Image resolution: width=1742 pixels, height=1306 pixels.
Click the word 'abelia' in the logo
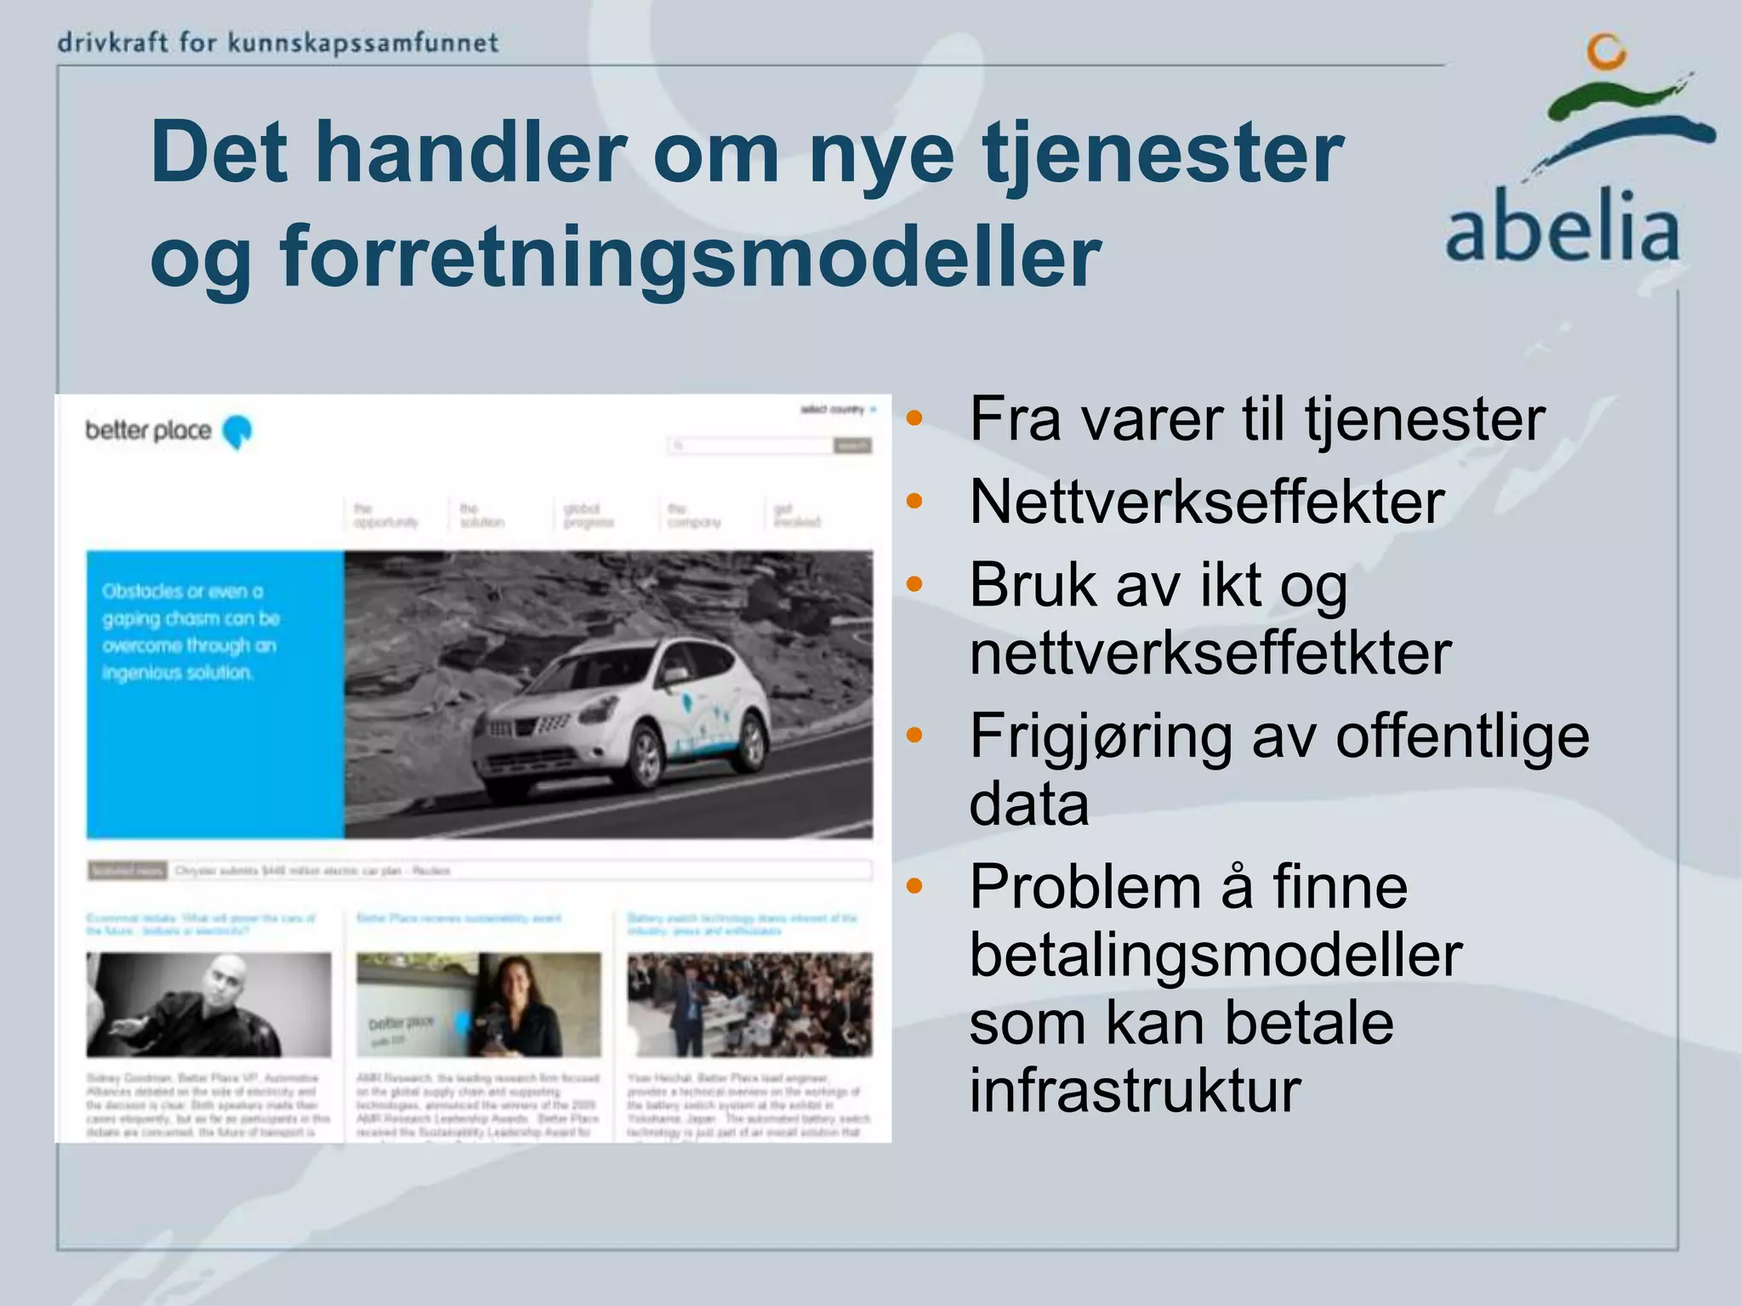pos(1563,227)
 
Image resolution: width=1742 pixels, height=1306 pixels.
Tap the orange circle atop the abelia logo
pos(1606,52)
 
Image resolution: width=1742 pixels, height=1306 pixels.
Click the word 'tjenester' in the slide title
pos(1163,153)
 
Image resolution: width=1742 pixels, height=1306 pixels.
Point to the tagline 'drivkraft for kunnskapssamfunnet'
pos(277,43)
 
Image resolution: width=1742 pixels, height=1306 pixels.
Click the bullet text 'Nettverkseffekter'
pos(1206,502)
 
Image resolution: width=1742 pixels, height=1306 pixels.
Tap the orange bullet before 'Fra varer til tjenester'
pos(914,418)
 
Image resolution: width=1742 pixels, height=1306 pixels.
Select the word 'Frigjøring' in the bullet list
pos(1101,736)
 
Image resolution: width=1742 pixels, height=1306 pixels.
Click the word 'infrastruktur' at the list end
pos(1135,1090)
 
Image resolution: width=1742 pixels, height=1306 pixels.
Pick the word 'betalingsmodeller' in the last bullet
pos(1215,955)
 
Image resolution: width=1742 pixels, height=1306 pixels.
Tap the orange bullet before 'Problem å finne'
pos(914,887)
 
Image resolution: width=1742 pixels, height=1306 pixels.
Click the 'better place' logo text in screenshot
pos(148,430)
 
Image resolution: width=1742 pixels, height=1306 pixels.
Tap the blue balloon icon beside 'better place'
pos(237,432)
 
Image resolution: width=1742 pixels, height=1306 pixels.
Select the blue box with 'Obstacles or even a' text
pos(215,694)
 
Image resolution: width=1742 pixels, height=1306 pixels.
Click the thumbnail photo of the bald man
pos(208,1004)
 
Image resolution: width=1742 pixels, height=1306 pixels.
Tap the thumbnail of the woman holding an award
pos(478,1004)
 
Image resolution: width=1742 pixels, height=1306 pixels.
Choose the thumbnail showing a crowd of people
pos(749,1004)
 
